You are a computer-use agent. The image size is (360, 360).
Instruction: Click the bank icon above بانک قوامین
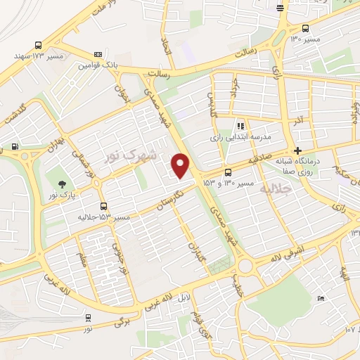98,54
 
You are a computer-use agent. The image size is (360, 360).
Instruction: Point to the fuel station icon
15,147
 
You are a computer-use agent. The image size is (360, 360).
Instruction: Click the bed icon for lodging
321,298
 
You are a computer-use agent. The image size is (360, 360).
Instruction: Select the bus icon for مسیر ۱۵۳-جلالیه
104,206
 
